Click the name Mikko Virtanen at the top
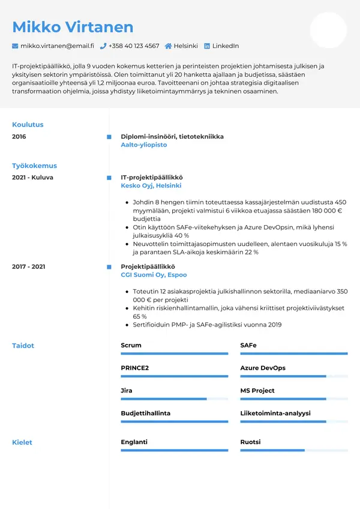coord(73,27)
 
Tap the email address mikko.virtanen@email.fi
coord(57,46)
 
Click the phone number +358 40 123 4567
coord(134,46)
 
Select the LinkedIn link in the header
coord(226,46)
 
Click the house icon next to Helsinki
coord(169,46)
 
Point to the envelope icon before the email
coord(15,46)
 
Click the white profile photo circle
coord(328,30)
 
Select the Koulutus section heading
coord(28,125)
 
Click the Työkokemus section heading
coord(34,166)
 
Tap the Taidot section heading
coord(23,346)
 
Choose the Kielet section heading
coord(22,442)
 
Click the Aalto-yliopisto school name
coord(144,145)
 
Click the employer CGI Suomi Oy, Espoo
coord(154,274)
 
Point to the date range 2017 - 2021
coord(28,267)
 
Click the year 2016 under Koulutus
coord(19,137)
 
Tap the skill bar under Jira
coord(174,399)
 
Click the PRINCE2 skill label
coord(134,368)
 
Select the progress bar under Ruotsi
coord(293,450)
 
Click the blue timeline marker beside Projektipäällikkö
coord(109,267)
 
